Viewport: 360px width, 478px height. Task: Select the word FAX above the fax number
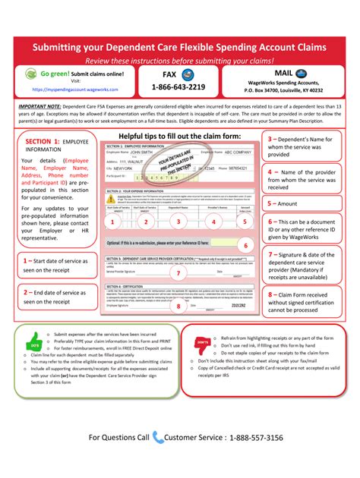(171, 74)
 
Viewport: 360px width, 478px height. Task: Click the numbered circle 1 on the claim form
(112, 222)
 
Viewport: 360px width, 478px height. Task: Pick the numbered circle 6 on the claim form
(244, 246)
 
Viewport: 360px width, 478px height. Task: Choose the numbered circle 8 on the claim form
(179, 307)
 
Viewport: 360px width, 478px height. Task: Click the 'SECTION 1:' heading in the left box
(47, 142)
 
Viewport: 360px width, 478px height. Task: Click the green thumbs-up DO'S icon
(34, 341)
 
